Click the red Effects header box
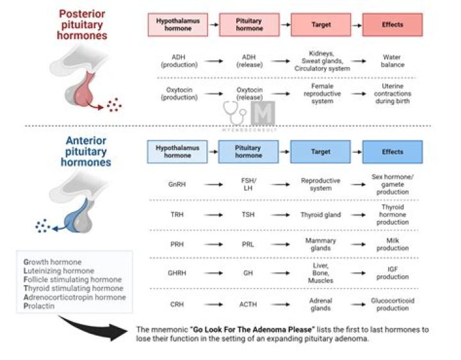tap(392, 25)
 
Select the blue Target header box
tap(321, 152)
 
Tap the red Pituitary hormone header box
tap(249, 25)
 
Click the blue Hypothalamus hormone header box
tap(177, 152)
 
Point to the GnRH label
tap(177, 184)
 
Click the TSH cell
tap(248, 215)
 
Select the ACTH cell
tap(248, 304)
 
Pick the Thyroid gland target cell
tap(321, 215)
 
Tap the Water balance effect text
tap(392, 61)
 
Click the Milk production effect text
tap(392, 245)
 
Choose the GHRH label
tap(177, 274)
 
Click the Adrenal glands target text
tap(321, 304)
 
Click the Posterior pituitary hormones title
tap(83, 24)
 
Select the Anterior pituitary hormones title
tap(86, 151)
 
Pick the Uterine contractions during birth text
tap(392, 94)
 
